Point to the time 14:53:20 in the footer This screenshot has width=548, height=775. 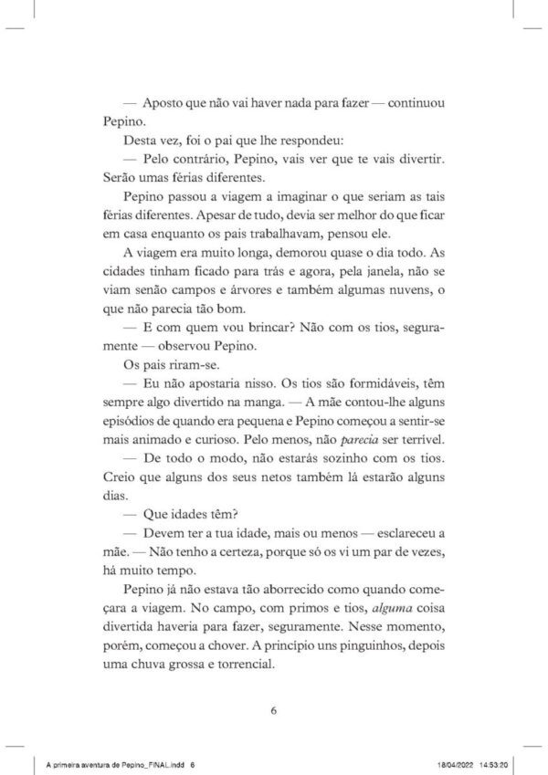point(490,760)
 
